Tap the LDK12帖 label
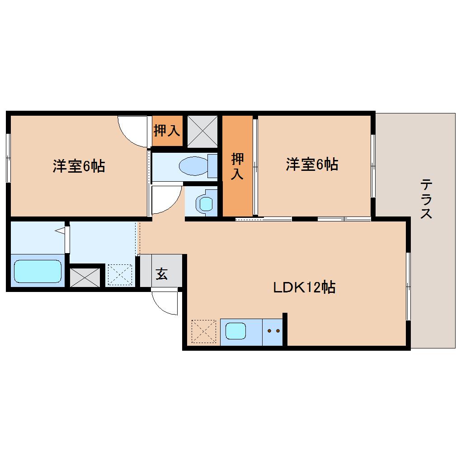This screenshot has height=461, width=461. pos(304,287)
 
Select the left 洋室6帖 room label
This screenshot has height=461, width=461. pos(79,166)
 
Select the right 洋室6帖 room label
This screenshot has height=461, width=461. pos(312,165)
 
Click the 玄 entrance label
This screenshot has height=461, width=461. pos(161,273)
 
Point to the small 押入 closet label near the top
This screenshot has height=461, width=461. pos(167,131)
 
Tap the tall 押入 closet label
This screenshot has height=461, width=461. pos(237,166)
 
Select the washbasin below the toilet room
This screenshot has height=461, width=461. pos(206,203)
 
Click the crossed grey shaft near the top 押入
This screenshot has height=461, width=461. pos(202,131)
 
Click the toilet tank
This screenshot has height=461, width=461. pos(212,165)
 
